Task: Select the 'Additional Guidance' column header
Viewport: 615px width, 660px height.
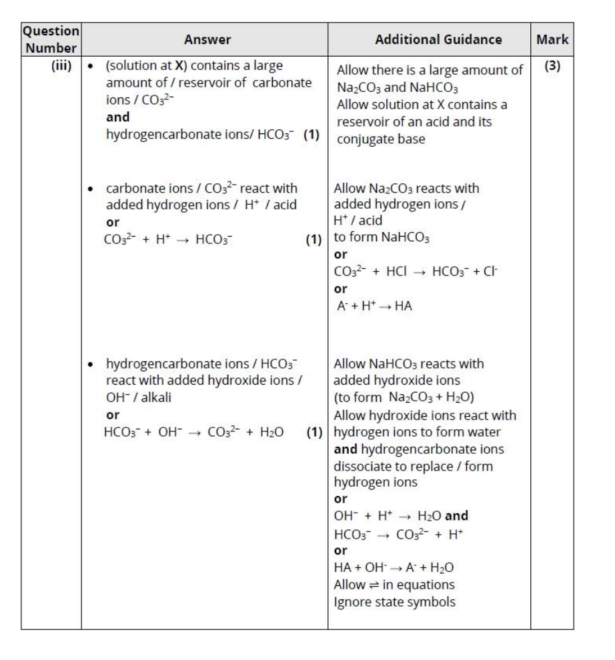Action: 429,40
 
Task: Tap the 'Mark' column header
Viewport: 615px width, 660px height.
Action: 552,40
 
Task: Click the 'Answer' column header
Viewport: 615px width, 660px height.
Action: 208,40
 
